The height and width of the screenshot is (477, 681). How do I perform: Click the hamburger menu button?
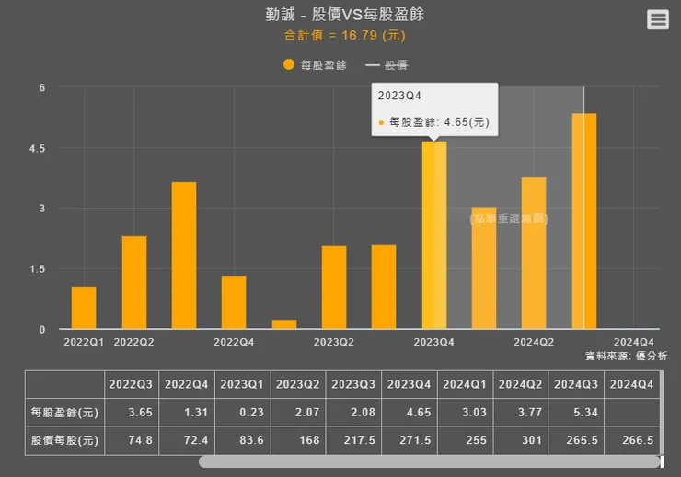tap(657, 19)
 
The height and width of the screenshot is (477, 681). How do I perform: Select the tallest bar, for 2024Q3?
tap(584, 221)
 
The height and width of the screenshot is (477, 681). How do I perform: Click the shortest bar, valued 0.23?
tap(284, 324)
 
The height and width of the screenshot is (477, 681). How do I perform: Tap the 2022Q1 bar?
tap(84, 308)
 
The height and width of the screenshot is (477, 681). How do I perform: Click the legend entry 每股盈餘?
tap(315, 64)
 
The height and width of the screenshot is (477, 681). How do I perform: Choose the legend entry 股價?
tap(387, 64)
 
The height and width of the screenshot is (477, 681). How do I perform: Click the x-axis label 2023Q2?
tap(333, 342)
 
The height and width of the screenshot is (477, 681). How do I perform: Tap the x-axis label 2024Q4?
tap(633, 342)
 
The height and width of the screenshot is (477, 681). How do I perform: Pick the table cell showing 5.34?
tap(578, 412)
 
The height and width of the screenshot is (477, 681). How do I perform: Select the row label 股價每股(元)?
tap(64, 440)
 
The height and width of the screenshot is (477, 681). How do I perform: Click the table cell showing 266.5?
tap(633, 440)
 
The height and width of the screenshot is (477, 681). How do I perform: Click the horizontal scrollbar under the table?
tap(429, 461)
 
